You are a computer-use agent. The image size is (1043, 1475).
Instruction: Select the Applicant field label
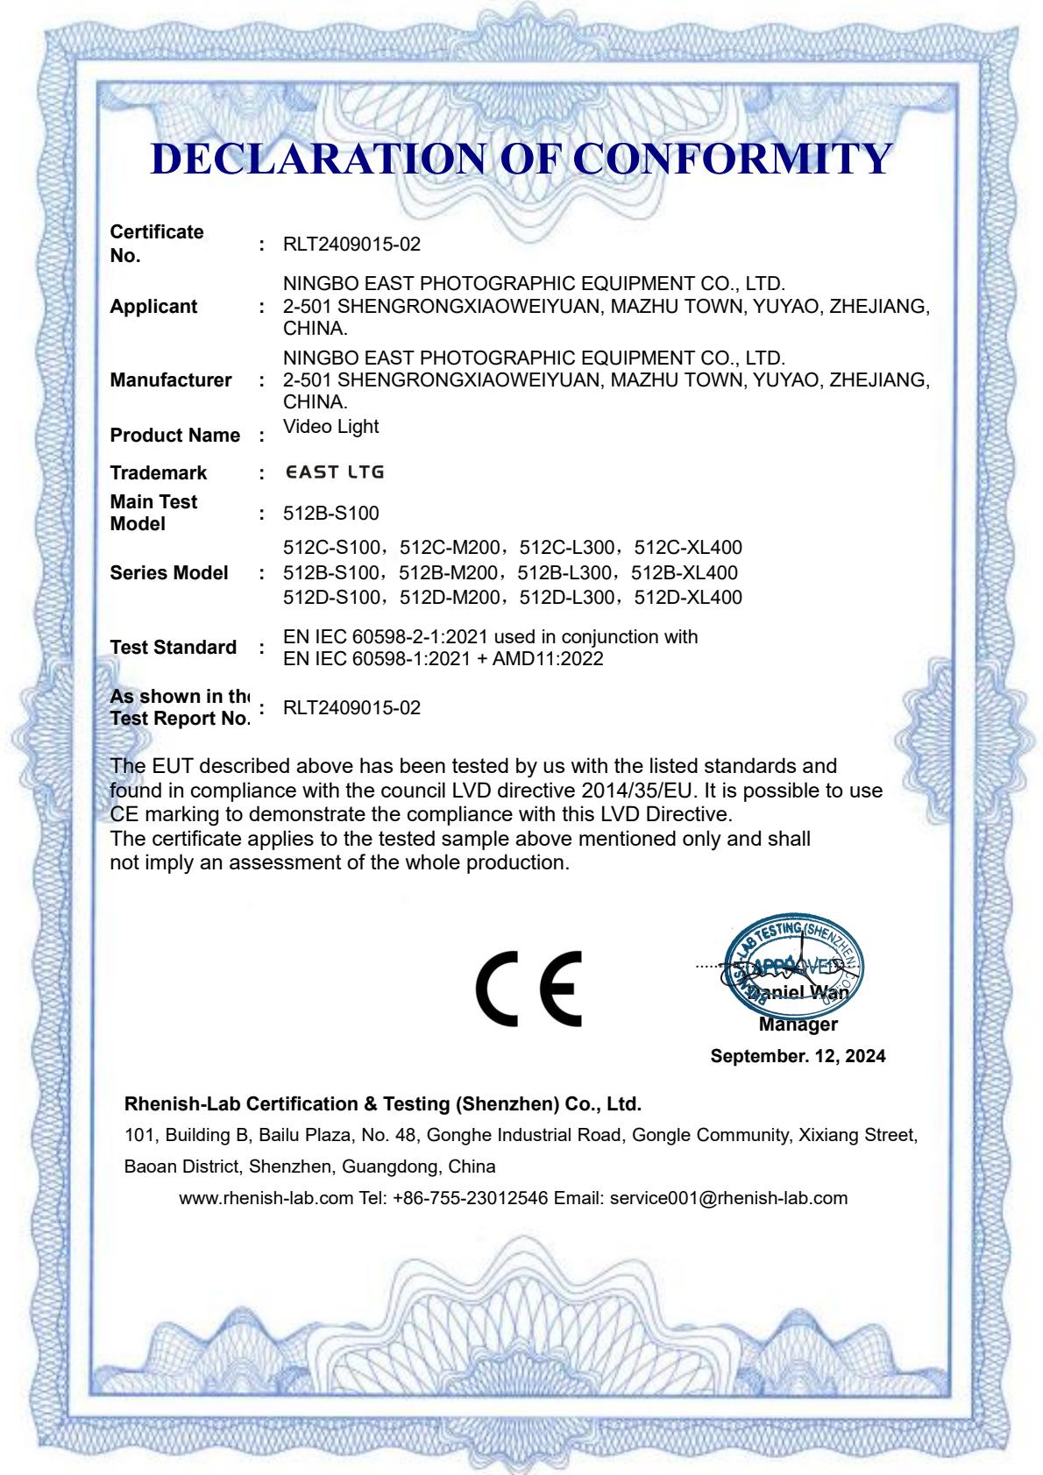pyautogui.click(x=153, y=307)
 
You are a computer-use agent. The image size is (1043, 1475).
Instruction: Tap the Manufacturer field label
pyautogui.click(x=171, y=380)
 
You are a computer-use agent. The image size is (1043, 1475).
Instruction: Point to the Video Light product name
pyautogui.click(x=331, y=427)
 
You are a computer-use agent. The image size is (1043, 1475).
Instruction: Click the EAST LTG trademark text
pyautogui.click(x=335, y=472)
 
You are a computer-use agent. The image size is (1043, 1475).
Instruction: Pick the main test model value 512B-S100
pyautogui.click(x=331, y=514)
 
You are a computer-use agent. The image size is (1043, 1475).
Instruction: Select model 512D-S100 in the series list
pyautogui.click(x=331, y=598)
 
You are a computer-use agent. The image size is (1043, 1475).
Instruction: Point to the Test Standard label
pyautogui.click(x=173, y=648)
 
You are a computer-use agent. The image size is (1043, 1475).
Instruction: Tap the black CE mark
pyautogui.click(x=529, y=988)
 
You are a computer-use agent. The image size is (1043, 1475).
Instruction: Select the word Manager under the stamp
pyautogui.click(x=798, y=1025)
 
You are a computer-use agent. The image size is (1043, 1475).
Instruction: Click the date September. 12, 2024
pyautogui.click(x=798, y=1056)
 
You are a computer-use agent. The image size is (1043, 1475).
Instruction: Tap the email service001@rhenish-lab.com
pyautogui.click(x=728, y=1198)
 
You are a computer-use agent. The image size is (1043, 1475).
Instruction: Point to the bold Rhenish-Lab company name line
pyautogui.click(x=383, y=1103)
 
